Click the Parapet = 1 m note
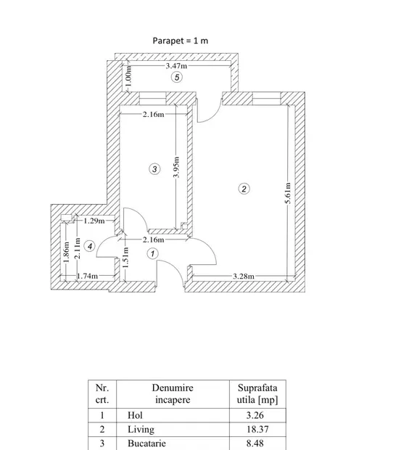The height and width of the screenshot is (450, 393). [x=181, y=41]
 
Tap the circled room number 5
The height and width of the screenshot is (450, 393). [x=177, y=77]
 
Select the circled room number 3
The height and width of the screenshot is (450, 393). [x=154, y=168]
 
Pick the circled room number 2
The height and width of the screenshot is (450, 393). [x=244, y=189]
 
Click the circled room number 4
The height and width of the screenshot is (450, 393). [x=90, y=246]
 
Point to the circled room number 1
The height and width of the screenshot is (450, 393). [x=152, y=254]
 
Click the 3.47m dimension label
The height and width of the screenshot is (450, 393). [x=176, y=66]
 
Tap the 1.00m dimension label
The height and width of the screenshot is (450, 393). [x=129, y=76]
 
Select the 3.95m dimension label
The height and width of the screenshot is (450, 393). [x=176, y=168]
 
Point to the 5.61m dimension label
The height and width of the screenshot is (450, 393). [x=288, y=193]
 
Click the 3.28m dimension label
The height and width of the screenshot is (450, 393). [x=244, y=277]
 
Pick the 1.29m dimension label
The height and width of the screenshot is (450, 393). [x=94, y=221]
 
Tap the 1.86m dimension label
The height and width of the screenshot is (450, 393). [x=66, y=252]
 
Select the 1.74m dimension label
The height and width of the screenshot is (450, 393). [x=87, y=276]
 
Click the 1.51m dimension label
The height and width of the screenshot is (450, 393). [x=125, y=258]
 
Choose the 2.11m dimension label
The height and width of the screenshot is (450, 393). [x=77, y=248]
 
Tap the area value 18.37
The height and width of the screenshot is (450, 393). [x=257, y=430]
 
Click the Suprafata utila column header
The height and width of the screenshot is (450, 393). [x=257, y=393]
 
